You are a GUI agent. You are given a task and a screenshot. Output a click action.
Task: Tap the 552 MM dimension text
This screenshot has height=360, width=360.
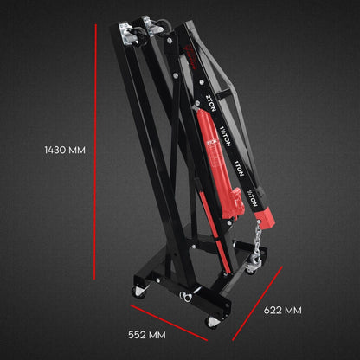146,332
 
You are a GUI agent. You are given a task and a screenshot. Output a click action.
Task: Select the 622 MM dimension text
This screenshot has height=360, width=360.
282,309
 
